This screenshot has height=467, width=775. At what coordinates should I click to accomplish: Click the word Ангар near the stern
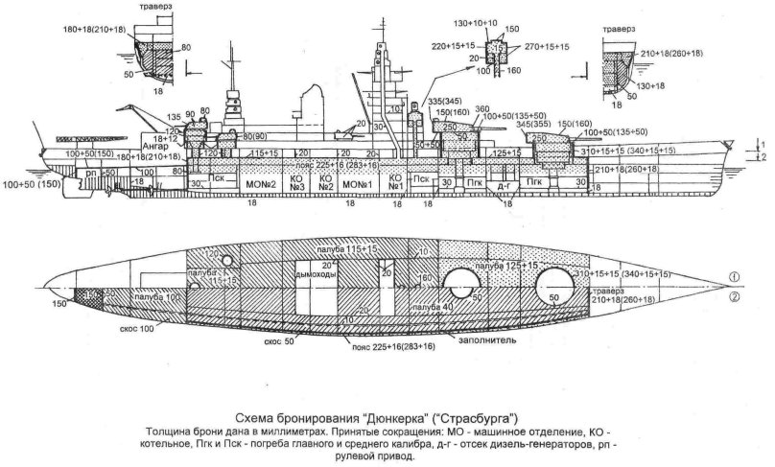[129, 146]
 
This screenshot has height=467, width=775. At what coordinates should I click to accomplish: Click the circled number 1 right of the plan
[733, 278]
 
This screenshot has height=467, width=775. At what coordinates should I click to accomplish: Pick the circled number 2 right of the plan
[733, 297]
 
